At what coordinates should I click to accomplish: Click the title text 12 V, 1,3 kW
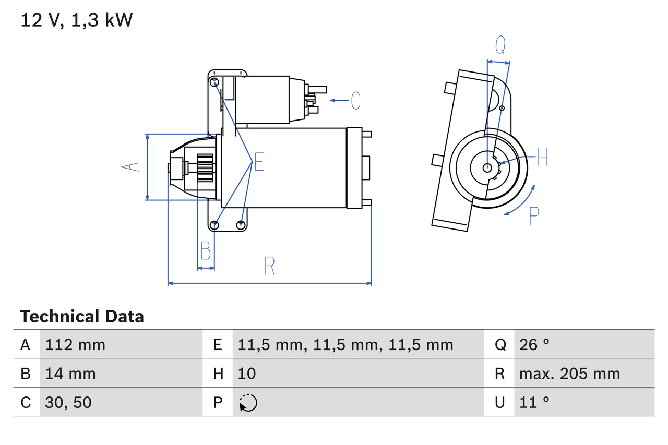(x=77, y=20)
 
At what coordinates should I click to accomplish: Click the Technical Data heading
(x=82, y=317)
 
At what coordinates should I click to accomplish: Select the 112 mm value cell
(x=75, y=344)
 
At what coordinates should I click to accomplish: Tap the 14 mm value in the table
(x=70, y=374)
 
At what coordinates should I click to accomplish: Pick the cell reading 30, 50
(x=68, y=402)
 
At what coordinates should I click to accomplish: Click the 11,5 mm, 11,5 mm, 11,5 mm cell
(x=345, y=344)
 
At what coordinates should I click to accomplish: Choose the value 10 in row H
(x=247, y=374)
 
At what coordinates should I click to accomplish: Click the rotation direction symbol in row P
(x=248, y=403)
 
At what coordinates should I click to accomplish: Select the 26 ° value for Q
(x=534, y=344)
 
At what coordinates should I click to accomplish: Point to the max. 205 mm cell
(x=569, y=374)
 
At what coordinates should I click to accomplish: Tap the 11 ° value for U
(x=534, y=402)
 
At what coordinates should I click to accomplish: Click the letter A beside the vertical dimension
(x=130, y=166)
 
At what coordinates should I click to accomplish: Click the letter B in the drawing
(x=206, y=251)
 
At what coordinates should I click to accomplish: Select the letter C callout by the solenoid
(x=355, y=100)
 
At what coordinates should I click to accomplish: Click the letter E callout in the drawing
(x=259, y=162)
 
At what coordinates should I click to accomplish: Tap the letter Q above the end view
(x=500, y=45)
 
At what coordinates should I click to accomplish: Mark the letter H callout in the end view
(x=542, y=157)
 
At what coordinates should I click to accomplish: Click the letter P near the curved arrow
(x=533, y=215)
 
